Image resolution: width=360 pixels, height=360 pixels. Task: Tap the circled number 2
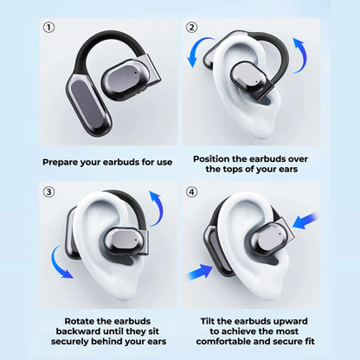192,27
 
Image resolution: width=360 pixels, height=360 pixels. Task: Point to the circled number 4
192,192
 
